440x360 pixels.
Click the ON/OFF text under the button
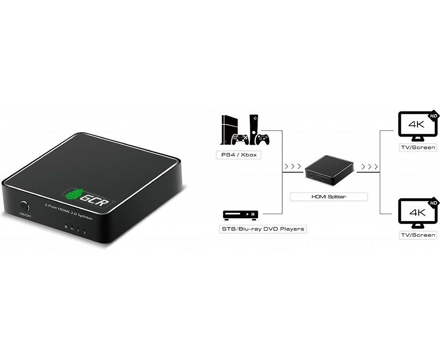24,214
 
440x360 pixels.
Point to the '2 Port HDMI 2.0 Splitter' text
69,211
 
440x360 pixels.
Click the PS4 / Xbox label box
241,155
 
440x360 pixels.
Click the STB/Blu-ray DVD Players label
262,229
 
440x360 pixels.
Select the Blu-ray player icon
241,215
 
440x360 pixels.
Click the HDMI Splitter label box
329,196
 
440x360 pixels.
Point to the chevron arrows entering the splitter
292,167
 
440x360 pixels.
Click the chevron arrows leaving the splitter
370,167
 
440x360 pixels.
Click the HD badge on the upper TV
433,116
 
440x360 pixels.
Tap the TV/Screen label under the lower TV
418,235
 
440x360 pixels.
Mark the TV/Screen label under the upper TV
418,147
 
